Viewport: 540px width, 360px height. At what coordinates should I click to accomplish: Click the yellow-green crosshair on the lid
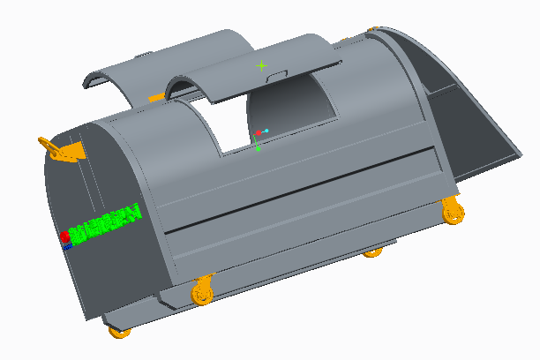tap(261, 65)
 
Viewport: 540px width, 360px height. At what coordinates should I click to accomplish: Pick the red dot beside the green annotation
tap(65, 236)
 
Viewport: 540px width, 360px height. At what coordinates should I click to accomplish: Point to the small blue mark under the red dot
tap(67, 247)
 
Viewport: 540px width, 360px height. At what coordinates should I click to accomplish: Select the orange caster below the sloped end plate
tap(453, 210)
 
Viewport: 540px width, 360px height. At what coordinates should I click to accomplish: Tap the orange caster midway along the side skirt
tap(202, 291)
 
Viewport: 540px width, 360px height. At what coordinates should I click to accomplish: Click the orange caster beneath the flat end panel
tap(119, 333)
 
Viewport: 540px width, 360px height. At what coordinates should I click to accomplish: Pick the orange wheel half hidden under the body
tap(373, 252)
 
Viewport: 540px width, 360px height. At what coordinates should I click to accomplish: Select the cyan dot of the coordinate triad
tap(266, 131)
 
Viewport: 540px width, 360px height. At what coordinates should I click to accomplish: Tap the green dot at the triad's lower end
tap(258, 148)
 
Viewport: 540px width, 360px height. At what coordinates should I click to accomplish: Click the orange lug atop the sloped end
tap(374, 30)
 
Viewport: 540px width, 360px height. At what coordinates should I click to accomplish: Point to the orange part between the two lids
tap(157, 96)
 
